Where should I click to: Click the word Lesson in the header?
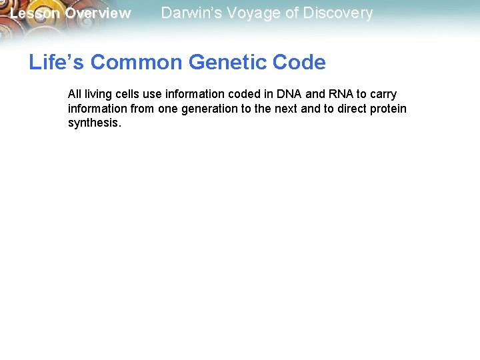pos(35,13)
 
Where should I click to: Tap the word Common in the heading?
pos(137,63)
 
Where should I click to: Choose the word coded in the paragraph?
pos(243,95)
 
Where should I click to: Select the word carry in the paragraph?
pos(383,95)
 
